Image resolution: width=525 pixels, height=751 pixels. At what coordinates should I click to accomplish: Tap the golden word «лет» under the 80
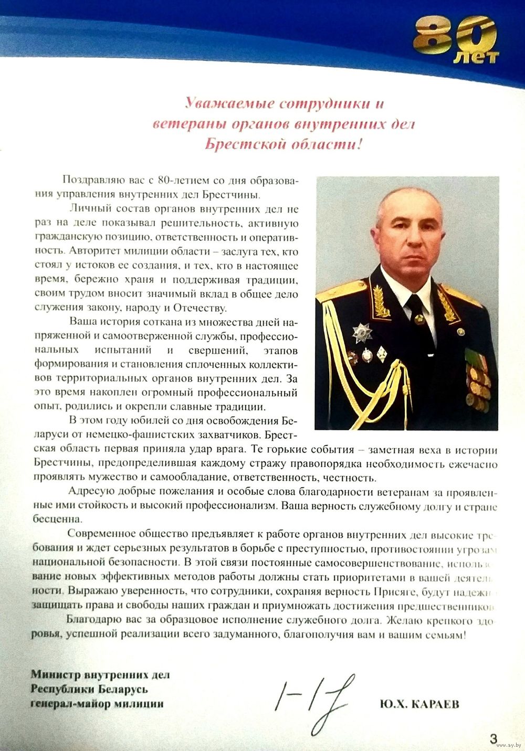[x=476, y=57]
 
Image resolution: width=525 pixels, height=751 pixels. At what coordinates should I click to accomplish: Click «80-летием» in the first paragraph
[x=184, y=181]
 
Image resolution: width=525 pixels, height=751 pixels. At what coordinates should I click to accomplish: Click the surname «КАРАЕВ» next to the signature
[x=434, y=704]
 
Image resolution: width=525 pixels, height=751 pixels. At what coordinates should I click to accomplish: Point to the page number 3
[x=493, y=739]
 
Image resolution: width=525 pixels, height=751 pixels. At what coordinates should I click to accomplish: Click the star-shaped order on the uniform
[x=362, y=333]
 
